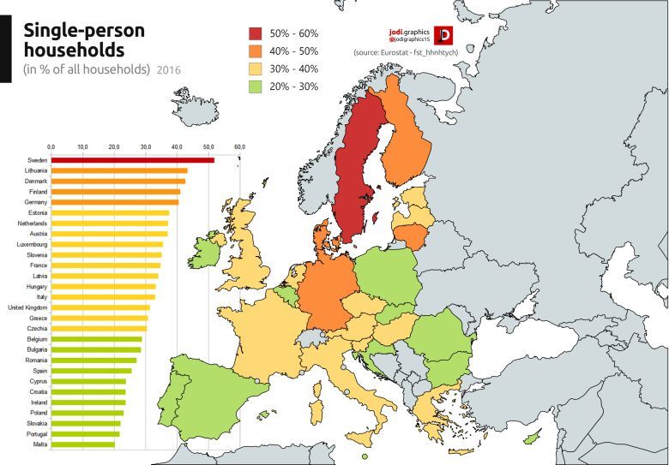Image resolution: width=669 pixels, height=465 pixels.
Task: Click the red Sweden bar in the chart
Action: (133, 160)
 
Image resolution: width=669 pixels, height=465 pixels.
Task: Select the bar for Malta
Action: (83, 444)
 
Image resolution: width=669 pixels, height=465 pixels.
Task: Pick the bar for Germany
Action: (115, 202)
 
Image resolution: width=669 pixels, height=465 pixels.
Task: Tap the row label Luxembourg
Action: (30, 244)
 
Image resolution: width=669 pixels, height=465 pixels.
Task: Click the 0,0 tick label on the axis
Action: (51, 148)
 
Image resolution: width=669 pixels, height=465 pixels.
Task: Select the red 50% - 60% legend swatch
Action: (255, 33)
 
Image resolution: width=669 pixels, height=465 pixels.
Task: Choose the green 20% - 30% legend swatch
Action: (255, 86)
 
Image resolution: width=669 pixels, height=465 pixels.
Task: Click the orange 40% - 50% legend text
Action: (293, 51)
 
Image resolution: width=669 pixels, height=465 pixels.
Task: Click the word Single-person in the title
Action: (83, 30)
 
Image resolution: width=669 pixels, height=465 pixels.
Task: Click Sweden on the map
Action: (355, 171)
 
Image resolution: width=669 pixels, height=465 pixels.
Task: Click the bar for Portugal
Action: (86, 433)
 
